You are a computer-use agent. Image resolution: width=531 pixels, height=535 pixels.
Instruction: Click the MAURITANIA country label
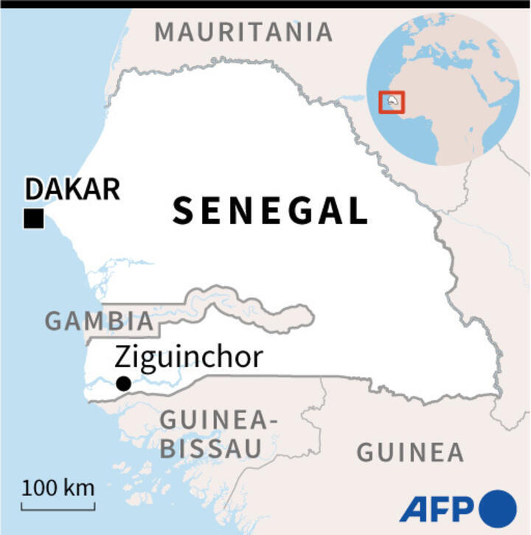[243, 32]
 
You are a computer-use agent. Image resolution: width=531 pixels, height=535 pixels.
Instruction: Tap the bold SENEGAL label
[270, 211]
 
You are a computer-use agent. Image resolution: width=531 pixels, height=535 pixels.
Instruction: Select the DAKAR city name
[72, 189]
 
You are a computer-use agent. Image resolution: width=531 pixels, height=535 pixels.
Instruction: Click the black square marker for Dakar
[33, 219]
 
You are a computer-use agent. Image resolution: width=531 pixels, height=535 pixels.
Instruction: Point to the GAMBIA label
[100, 321]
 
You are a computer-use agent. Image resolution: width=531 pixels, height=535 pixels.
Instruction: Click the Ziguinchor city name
[189, 357]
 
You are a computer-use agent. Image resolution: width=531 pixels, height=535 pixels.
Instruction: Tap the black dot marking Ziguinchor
[124, 383]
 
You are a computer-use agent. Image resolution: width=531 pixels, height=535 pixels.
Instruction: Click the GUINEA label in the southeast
[410, 452]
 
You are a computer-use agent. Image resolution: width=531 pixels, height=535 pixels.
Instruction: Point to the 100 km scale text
[58, 488]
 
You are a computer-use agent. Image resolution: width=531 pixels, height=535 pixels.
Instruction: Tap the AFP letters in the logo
[438, 508]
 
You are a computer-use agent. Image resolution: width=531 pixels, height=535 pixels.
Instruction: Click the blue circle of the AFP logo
[499, 508]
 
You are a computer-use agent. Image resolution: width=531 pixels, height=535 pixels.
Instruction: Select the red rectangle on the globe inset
[392, 102]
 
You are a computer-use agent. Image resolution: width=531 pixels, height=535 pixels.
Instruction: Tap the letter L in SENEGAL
[357, 211]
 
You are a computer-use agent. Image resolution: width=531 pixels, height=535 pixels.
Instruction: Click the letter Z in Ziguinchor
[123, 358]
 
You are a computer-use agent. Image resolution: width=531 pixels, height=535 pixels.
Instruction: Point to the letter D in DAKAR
[35, 189]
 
